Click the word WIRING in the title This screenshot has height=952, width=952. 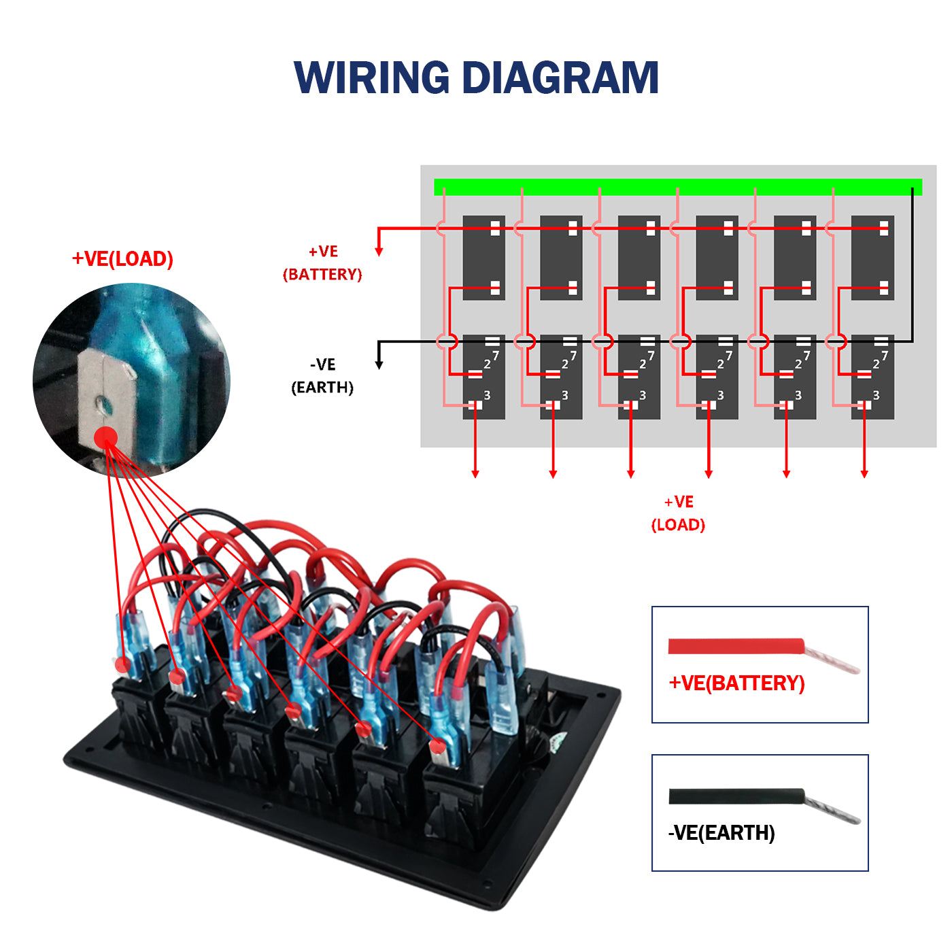coord(372,78)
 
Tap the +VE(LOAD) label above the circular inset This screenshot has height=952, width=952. coord(122,259)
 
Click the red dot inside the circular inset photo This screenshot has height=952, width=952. coord(105,438)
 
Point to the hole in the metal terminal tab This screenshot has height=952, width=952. coord(103,405)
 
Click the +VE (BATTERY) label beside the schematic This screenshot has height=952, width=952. coord(322,263)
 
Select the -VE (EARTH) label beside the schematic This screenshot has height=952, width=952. coord(322,376)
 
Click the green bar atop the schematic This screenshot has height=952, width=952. coord(677,187)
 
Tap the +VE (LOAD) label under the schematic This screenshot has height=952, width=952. coord(678,513)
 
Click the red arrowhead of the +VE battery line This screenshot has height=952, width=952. coord(379,252)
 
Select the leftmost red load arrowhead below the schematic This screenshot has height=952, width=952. coord(475,473)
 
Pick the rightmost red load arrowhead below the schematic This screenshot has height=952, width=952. coord(864,473)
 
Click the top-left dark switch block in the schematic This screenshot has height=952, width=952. coord(483,258)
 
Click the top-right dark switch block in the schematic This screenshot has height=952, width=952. coord(872,258)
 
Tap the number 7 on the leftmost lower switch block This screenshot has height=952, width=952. coord(496,356)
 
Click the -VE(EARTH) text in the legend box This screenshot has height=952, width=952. coord(721,833)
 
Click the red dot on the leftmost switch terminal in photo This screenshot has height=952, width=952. coord(122,664)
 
